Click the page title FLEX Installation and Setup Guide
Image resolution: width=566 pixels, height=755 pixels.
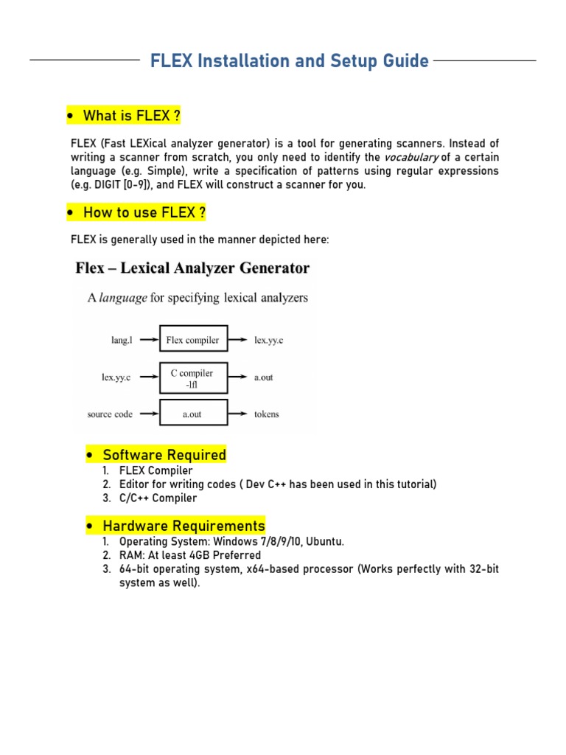289,60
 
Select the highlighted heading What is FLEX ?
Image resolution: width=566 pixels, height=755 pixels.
131,116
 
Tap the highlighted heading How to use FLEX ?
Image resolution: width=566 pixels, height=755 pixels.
144,213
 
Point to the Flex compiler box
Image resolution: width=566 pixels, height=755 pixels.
193,340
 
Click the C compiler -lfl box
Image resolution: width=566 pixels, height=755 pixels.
193,378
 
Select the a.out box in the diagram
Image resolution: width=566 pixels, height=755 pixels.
193,414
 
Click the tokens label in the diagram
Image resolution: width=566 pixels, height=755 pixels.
267,414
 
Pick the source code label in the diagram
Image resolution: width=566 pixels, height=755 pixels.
110,414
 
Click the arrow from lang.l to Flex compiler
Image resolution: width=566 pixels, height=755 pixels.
147,340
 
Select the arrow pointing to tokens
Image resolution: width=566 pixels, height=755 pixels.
237,414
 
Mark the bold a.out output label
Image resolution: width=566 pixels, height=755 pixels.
264,377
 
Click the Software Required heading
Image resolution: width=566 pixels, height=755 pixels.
164,455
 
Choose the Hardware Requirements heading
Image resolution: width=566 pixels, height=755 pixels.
184,526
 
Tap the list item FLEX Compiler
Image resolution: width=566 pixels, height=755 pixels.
156,470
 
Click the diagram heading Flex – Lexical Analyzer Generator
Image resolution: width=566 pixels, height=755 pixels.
192,268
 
